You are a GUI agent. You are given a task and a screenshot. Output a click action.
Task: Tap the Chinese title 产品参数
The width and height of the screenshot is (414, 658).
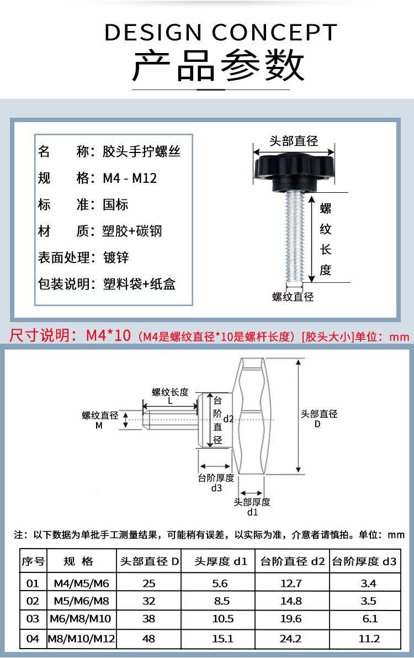coord(219,65)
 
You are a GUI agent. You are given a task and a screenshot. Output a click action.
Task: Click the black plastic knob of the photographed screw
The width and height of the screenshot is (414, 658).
coord(294,168)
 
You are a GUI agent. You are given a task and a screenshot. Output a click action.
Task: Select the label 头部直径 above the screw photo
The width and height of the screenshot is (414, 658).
coord(294,141)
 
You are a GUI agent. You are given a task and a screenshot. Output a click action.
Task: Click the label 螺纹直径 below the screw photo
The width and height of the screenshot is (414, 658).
coord(293,297)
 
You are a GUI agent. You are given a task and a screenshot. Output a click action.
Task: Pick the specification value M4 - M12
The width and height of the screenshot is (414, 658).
coord(130,178)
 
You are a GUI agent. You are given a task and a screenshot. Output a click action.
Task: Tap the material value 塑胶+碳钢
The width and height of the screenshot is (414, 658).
coord(132,231)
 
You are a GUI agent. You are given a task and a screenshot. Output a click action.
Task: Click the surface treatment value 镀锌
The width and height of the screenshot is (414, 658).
coord(116,257)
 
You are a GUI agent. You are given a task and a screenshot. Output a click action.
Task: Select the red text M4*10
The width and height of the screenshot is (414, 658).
coord(108,335)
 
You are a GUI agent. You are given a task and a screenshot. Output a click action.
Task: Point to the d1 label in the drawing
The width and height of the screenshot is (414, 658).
coord(252,512)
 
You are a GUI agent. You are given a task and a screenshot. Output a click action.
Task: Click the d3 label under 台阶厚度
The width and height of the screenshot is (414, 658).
coord(216,488)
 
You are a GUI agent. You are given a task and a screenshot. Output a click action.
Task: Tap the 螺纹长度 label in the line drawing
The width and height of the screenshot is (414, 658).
coord(170,392)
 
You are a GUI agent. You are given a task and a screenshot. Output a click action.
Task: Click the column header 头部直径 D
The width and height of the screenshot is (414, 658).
coord(150,562)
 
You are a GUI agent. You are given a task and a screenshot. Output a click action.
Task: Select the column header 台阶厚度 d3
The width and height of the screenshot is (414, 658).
coord(364,562)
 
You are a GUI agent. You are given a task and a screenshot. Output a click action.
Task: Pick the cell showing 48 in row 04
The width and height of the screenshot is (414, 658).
coord(149,639)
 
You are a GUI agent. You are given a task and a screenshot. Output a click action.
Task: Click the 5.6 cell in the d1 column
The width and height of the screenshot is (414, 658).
coord(219,583)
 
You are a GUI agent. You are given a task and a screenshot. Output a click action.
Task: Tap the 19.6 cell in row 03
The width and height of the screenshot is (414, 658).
coord(291,620)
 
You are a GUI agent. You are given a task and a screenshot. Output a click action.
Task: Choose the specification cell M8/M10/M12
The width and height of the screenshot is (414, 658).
coord(81,639)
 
